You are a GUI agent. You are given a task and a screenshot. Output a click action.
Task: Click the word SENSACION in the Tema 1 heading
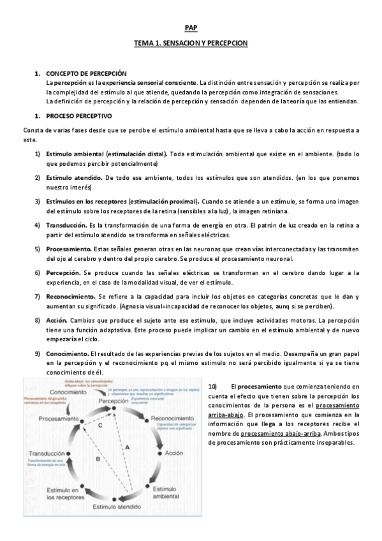[x=182, y=43]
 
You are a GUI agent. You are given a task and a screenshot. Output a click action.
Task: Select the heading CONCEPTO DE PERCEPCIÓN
[x=87, y=75]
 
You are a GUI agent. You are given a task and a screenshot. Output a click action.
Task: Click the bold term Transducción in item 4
[x=66, y=225]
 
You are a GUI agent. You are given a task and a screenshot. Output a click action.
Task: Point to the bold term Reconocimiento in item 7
[x=70, y=297]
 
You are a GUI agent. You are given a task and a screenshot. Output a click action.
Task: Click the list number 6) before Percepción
[x=38, y=272]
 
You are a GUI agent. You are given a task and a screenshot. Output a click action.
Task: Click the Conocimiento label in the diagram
[x=69, y=392]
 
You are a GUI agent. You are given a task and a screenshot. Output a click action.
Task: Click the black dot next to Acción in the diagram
[x=159, y=452]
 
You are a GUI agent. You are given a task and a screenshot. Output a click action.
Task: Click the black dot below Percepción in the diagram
[x=114, y=408]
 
